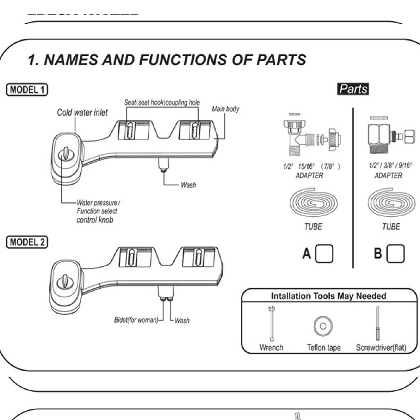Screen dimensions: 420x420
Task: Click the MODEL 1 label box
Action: (27, 89)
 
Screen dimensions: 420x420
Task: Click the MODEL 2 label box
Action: (27, 242)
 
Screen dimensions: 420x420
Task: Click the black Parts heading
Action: (353, 89)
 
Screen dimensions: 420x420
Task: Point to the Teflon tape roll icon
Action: (323, 326)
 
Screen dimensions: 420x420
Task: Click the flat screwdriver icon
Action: (377, 324)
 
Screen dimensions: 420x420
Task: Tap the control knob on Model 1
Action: (64, 155)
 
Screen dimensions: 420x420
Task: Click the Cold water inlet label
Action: (82, 112)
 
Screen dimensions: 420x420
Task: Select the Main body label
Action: (225, 109)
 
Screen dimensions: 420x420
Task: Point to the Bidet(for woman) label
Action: (136, 320)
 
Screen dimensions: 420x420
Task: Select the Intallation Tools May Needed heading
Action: (328, 296)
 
